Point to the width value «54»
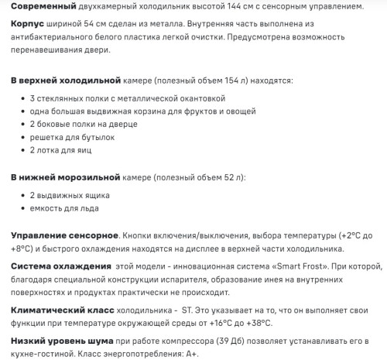94,25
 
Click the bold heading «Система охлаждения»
60,267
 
